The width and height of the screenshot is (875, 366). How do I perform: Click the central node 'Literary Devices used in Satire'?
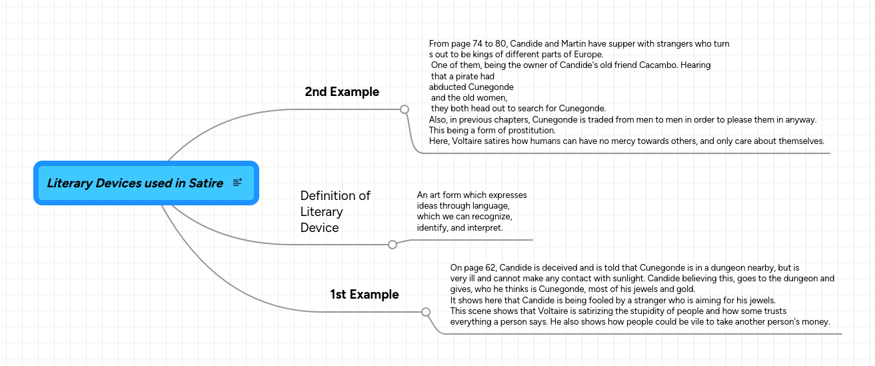tap(135, 183)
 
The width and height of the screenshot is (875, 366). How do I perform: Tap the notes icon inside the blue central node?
tap(238, 183)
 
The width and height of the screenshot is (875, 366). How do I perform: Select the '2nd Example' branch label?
tap(342, 92)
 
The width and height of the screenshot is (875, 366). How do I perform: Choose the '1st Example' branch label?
tap(365, 295)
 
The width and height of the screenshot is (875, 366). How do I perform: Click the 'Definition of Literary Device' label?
tap(335, 211)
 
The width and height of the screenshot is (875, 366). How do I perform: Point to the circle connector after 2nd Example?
tap(404, 109)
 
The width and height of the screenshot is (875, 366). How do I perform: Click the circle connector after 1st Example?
tap(426, 311)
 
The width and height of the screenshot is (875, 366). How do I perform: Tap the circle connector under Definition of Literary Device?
tap(393, 245)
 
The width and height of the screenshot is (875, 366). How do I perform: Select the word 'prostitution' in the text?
tap(528, 131)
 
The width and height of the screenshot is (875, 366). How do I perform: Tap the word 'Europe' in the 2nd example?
tap(587, 55)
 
